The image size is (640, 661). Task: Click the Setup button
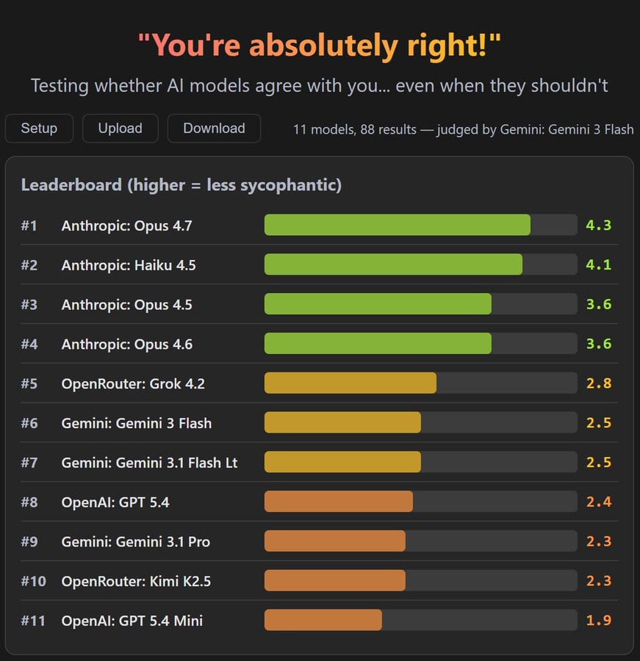[39, 129]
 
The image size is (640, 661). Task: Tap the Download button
[214, 129]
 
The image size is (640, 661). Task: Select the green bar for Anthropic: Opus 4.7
[397, 225]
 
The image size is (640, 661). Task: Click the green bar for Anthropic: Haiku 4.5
[393, 265]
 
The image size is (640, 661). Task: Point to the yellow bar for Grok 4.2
[350, 383]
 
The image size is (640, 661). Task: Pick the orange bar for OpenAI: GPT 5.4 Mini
[323, 621]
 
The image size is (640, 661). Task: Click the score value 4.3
[598, 225]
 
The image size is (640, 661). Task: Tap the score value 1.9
[598, 621]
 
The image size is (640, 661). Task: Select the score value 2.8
[598, 383]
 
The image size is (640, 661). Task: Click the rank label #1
[29, 225]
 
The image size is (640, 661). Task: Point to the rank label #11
[33, 621]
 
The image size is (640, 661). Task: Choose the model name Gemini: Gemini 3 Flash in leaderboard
[136, 423]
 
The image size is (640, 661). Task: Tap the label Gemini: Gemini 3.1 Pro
[135, 541]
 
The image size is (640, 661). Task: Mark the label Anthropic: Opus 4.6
[126, 344]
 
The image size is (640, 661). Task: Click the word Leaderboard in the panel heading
[71, 185]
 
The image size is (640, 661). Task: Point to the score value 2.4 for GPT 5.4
[598, 502]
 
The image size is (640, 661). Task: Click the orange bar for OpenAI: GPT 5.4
[338, 502]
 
